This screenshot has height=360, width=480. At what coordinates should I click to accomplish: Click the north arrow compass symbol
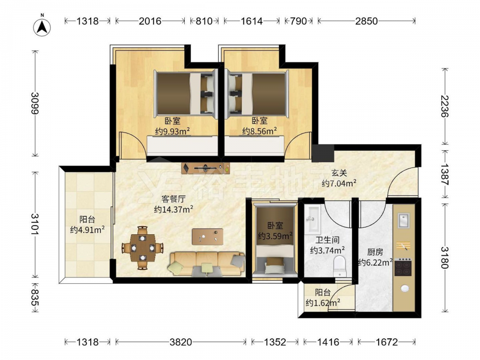tap(42, 27)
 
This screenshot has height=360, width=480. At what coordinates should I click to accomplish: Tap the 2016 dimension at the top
tap(150, 21)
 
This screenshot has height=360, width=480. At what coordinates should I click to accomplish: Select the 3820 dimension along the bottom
tap(180, 342)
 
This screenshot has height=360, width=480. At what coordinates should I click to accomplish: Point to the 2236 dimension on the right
tap(444, 106)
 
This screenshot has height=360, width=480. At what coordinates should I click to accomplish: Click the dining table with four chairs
tap(143, 248)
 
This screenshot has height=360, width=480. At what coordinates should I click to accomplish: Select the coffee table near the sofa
tap(207, 237)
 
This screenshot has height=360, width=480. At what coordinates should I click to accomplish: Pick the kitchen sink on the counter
tap(404, 220)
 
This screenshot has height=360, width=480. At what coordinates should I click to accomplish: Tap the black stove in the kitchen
tap(403, 267)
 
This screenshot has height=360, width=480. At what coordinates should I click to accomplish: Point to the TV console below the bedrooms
tap(205, 168)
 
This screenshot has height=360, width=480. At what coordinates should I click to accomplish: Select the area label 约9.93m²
tap(173, 132)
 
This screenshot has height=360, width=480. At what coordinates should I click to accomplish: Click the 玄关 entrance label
tap(339, 173)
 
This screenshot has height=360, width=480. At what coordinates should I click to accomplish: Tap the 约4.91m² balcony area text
tap(87, 229)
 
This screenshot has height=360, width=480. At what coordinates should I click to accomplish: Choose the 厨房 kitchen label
tap(375, 252)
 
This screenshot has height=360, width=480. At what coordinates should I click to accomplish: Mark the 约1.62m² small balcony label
tap(323, 303)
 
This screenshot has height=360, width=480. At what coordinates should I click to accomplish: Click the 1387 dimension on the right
tap(444, 174)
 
